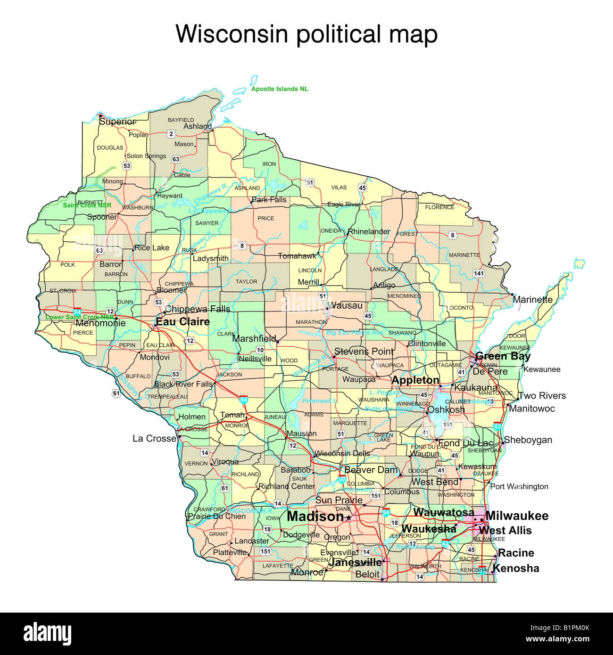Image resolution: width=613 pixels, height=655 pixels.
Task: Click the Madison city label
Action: point(315,516)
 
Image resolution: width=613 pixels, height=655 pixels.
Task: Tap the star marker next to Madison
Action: point(349,517)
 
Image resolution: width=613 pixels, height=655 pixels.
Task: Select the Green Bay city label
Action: point(503,356)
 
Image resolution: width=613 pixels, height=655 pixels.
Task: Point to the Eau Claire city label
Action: point(182,322)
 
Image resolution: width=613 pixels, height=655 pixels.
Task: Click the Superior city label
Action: point(117,122)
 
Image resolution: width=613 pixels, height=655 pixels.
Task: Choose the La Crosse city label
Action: point(154,439)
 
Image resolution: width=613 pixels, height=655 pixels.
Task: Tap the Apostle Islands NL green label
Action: point(280,89)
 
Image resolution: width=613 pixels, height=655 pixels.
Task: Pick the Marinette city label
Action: point(532,299)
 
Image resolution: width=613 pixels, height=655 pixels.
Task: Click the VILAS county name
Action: point(339,188)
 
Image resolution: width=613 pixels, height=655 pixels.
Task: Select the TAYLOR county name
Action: point(246,281)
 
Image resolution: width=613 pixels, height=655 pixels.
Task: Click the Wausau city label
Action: point(347,305)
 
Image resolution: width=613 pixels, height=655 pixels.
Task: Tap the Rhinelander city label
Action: point(369,231)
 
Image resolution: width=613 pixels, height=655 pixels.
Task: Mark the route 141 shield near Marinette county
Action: point(479,273)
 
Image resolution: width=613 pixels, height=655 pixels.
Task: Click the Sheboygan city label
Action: point(528,440)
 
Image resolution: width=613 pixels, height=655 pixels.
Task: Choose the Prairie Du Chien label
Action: point(216,516)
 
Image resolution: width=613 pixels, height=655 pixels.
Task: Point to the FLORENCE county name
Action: point(439,207)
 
